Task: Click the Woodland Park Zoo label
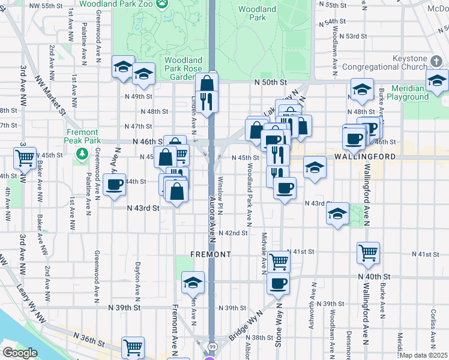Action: click(x=116, y=4)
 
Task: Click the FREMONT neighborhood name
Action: click(x=211, y=254)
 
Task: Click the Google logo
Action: click(x=20, y=353)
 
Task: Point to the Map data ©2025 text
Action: click(x=424, y=355)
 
